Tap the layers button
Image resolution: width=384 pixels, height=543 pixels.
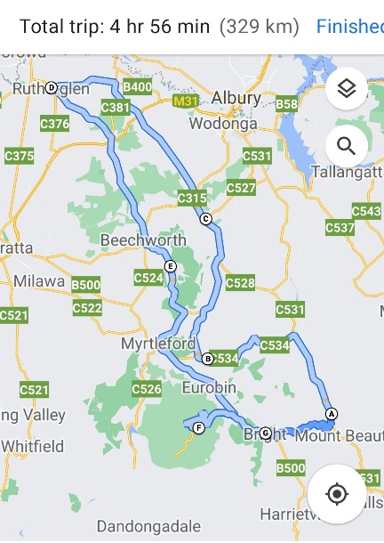(x=347, y=88)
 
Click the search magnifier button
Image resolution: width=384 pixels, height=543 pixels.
(x=347, y=146)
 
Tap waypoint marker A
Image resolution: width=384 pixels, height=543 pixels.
(x=332, y=413)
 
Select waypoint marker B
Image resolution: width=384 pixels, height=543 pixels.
(x=207, y=359)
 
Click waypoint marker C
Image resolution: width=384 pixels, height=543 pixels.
(x=205, y=219)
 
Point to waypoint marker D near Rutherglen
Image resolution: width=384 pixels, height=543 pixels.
(x=51, y=87)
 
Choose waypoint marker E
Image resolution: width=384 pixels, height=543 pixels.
(x=170, y=266)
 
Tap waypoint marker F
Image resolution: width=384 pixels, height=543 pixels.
(x=198, y=428)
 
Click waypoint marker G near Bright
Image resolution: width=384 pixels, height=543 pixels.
(x=265, y=433)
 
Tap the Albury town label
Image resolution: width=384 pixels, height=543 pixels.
(x=236, y=98)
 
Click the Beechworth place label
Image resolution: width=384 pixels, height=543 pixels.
(x=143, y=240)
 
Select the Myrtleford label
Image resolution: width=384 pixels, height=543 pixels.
(x=156, y=343)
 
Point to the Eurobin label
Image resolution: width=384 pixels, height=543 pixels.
(x=209, y=388)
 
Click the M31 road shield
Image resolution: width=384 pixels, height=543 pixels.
(x=185, y=101)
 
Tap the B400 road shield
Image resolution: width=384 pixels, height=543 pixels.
(x=137, y=87)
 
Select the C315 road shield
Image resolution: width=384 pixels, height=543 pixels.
(x=192, y=198)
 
